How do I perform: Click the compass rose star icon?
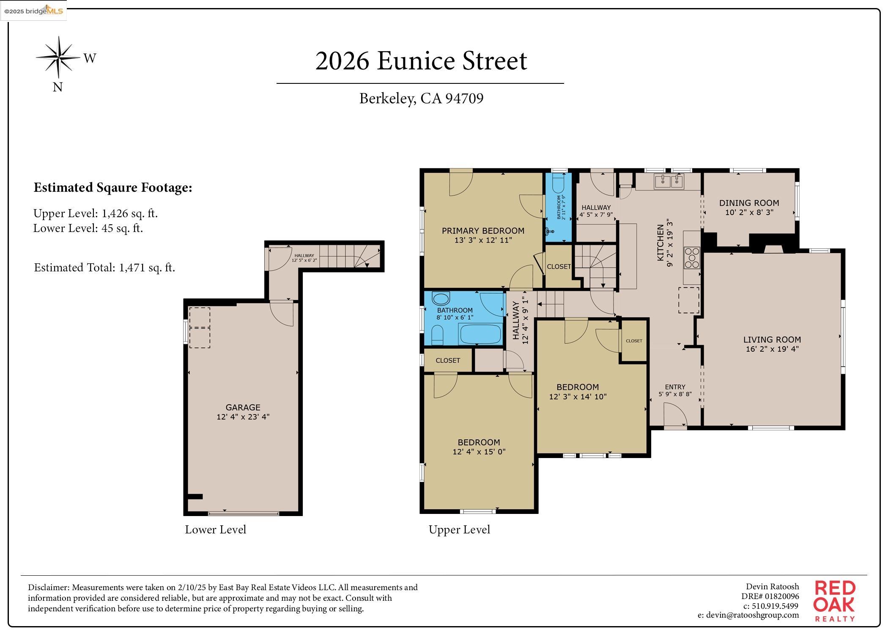click(x=58, y=57)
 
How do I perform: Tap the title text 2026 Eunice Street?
click(x=421, y=61)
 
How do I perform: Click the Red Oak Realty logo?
click(x=834, y=601)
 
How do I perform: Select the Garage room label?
click(x=243, y=407)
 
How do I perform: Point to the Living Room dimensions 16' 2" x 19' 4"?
click(x=772, y=349)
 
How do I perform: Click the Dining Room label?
click(x=749, y=203)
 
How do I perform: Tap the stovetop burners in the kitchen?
click(x=692, y=258)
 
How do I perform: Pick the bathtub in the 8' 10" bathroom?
click(x=480, y=334)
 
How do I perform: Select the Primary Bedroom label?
click(x=483, y=231)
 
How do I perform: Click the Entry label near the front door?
click(x=675, y=387)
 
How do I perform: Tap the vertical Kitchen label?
click(x=660, y=243)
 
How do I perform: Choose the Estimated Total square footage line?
click(x=104, y=268)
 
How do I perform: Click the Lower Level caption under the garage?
click(x=215, y=530)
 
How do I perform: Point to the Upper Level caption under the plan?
click(x=459, y=530)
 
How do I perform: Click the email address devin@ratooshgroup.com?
click(x=748, y=615)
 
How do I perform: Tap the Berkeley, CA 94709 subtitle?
click(x=421, y=98)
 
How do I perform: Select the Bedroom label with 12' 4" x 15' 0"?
click(x=479, y=442)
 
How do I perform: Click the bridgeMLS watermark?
click(x=33, y=11)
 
